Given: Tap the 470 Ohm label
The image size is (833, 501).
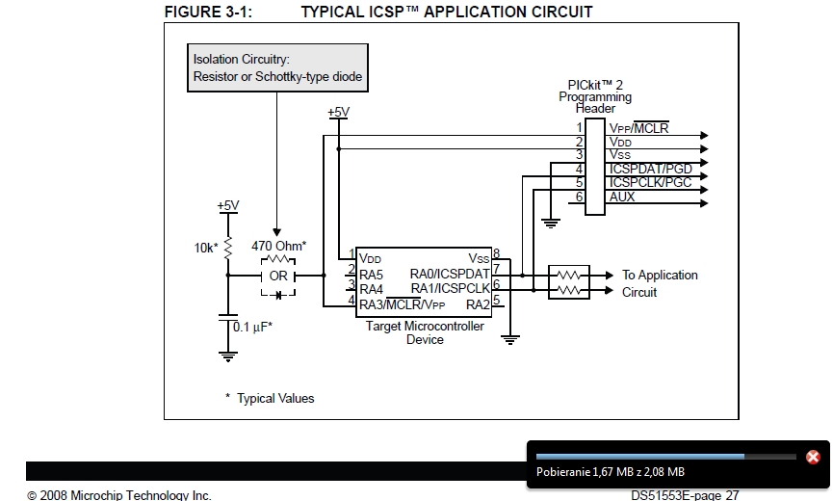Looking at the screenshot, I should (278, 247).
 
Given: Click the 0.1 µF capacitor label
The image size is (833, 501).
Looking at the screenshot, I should (253, 327).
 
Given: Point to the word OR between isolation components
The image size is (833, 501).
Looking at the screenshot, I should (278, 277).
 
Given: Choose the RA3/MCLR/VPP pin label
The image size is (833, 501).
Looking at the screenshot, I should (402, 305).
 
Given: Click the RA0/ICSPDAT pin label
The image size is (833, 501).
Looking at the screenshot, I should (450, 274).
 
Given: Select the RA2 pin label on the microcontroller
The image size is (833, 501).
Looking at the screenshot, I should (478, 305).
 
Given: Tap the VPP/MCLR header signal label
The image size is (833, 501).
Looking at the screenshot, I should (638, 127).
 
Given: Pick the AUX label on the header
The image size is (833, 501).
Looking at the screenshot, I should (622, 197).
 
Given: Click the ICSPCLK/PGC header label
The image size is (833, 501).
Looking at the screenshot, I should (650, 182).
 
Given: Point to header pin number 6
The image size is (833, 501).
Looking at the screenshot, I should (579, 197).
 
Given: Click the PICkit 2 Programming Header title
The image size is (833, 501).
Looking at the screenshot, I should (595, 96).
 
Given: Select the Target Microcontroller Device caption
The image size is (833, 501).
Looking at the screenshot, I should (425, 332).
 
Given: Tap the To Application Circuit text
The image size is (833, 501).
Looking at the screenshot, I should (660, 283).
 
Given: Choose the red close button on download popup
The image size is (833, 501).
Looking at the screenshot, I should (813, 457).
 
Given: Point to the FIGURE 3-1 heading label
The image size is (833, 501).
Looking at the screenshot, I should (209, 12).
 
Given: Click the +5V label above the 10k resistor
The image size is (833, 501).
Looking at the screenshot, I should (227, 205).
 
